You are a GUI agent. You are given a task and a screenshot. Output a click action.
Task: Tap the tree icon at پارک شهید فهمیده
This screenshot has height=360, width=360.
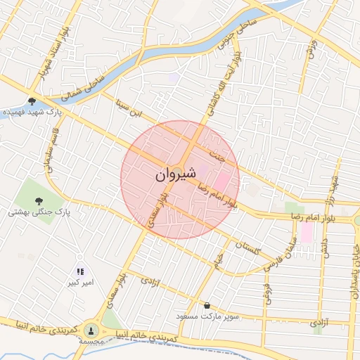(x=32, y=101)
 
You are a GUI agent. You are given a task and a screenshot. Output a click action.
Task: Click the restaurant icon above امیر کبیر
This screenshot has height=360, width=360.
(x=80, y=271)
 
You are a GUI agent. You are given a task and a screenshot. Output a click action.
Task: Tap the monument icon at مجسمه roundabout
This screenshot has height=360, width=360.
(x=91, y=330)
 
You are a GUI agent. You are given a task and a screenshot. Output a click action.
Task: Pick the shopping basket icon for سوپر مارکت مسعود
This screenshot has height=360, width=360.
(x=207, y=305)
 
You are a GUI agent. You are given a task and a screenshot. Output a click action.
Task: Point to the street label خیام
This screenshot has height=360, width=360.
(x=219, y=260)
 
